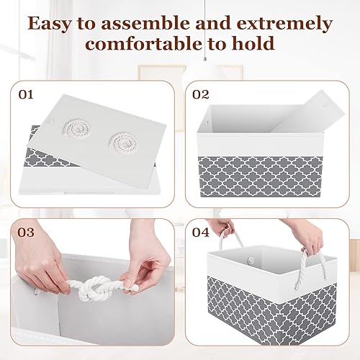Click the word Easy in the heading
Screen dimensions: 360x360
[x=53, y=23]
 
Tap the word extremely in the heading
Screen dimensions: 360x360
[x=288, y=23]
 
